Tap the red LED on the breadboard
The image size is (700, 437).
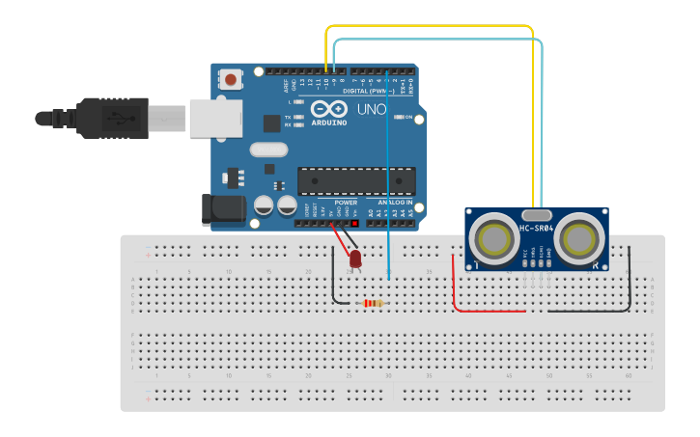click(x=355, y=259)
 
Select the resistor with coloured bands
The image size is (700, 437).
click(x=372, y=304)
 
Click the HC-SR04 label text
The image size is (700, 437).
click(x=536, y=229)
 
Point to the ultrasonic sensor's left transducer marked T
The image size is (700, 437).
click(x=495, y=238)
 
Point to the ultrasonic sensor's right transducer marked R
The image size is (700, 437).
click(x=579, y=239)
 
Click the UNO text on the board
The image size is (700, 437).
click(x=372, y=110)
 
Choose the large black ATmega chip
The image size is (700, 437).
click(x=356, y=181)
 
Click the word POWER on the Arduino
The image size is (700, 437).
click(x=346, y=203)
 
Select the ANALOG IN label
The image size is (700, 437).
click(x=391, y=203)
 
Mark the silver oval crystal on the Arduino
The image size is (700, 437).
click(x=268, y=150)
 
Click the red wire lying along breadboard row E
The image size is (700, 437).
click(x=488, y=312)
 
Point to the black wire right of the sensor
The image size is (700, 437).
click(x=631, y=280)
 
